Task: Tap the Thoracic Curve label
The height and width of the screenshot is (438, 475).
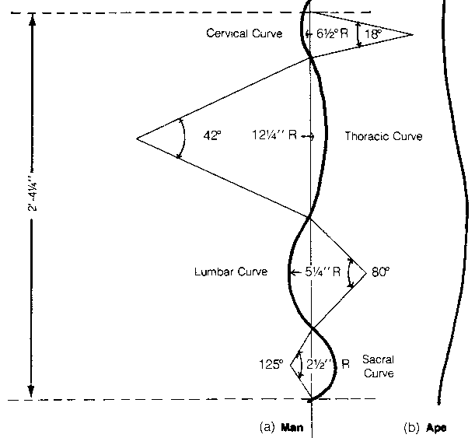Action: pyautogui.click(x=383, y=136)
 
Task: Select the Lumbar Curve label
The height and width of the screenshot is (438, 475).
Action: pyautogui.click(x=231, y=272)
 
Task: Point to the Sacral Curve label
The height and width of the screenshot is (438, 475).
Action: pyautogui.click(x=377, y=367)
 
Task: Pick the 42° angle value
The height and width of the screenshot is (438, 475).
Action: pyautogui.click(x=212, y=135)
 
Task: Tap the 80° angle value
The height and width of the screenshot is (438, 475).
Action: pyautogui.click(x=379, y=273)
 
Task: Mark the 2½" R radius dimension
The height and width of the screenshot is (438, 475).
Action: pyautogui.click(x=331, y=363)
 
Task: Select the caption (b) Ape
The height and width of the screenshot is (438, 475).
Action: pyautogui.click(x=424, y=427)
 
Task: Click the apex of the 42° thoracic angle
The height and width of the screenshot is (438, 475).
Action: pyautogui.click(x=137, y=138)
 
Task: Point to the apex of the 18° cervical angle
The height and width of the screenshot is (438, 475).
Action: pyautogui.click(x=413, y=34)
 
